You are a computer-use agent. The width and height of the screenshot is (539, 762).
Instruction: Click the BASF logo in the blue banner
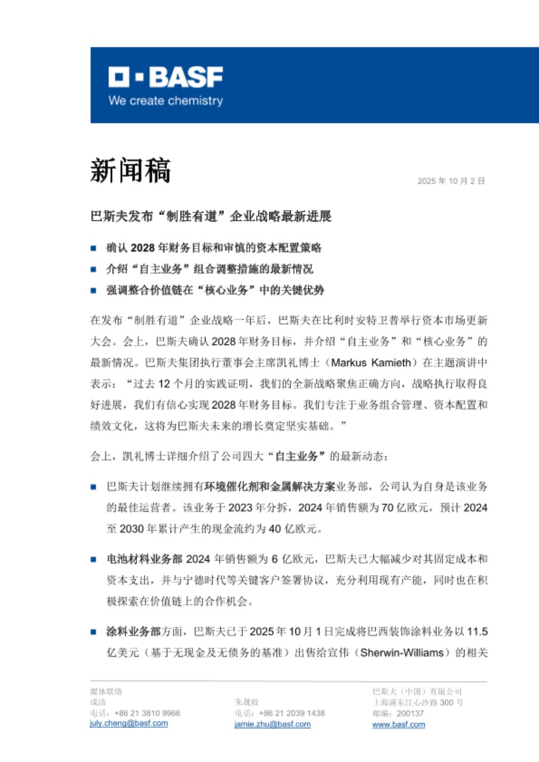pyautogui.click(x=166, y=77)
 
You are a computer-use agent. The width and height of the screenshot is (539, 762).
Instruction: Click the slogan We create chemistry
pyautogui.click(x=166, y=101)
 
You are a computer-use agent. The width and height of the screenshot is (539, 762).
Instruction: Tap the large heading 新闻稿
pyautogui.click(x=130, y=171)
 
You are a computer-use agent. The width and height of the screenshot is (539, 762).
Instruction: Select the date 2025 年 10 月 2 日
pyautogui.click(x=451, y=181)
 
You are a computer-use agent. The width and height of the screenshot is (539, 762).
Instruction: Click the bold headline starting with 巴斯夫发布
pyautogui.click(x=211, y=216)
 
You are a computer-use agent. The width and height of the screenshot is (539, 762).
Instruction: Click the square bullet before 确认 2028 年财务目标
pyautogui.click(x=94, y=247)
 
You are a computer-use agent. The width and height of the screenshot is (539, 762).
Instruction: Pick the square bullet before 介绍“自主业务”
pyautogui.click(x=94, y=269)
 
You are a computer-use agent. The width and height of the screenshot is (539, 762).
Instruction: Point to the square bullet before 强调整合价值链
pyautogui.click(x=94, y=291)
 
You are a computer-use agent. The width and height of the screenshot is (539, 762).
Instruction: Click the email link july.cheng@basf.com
pyautogui.click(x=129, y=723)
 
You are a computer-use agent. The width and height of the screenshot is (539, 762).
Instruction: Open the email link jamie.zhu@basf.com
pyautogui.click(x=273, y=724)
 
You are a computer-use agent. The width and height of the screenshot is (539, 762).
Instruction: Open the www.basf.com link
pyautogui.click(x=398, y=724)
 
